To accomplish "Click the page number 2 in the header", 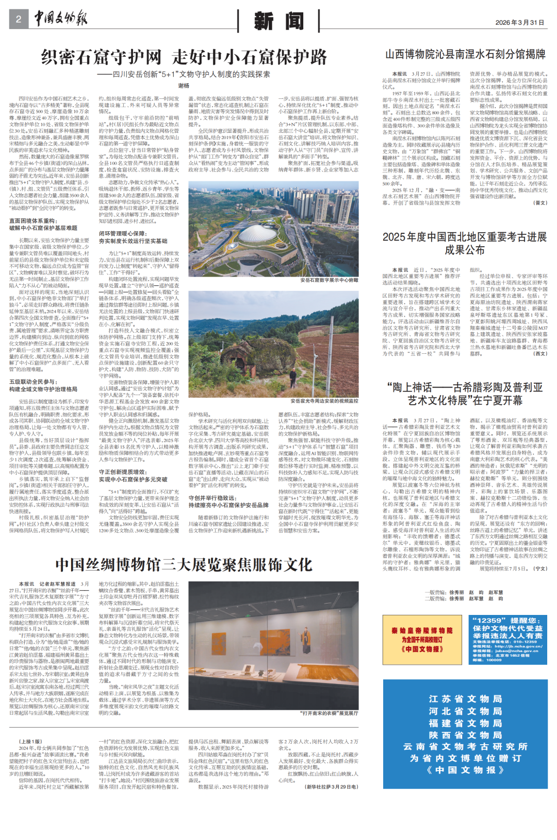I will tap(19, 20).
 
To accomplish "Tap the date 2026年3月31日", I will tap(519, 23).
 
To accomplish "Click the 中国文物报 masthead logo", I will tap(61, 19).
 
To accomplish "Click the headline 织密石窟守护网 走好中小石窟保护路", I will tap(184, 57).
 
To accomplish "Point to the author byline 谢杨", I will tap(184, 86).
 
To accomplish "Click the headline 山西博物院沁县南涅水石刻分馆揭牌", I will tap(465, 55).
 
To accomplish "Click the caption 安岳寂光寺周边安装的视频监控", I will tap(324, 401).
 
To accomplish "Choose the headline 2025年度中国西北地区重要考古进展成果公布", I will tap(465, 243).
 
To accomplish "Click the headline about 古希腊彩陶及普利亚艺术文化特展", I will tap(465, 393).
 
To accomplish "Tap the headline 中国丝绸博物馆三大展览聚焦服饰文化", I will tap(184, 565).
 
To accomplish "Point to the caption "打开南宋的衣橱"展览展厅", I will tap(329, 713).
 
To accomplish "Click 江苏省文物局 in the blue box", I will tap(465, 699).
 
